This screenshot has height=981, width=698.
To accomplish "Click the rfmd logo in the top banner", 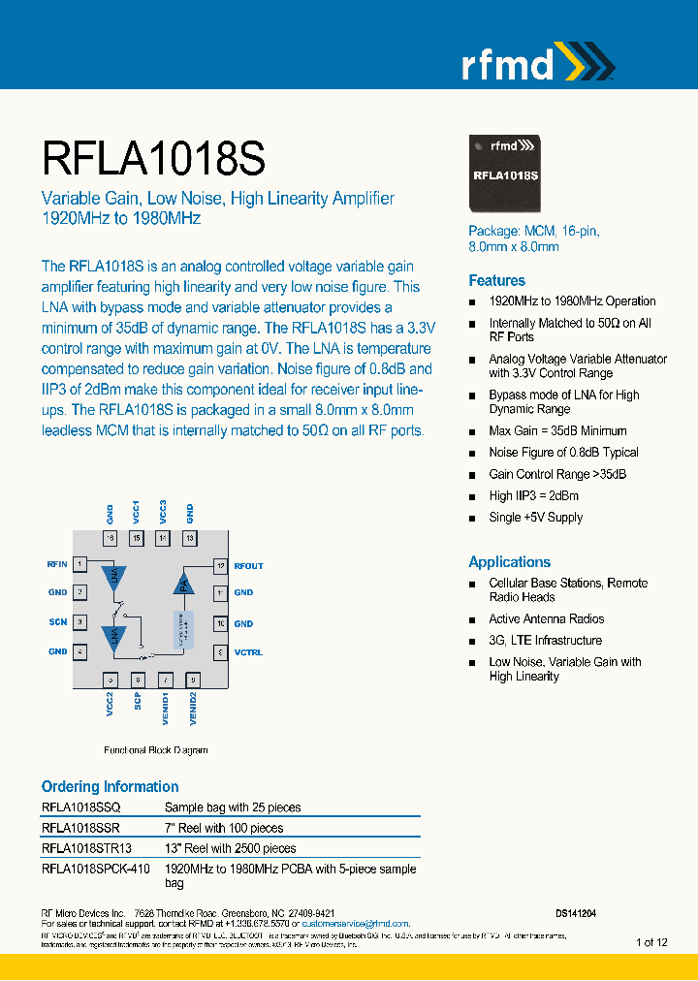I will pos(535,64).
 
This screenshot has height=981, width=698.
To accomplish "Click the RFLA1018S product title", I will pos(153,156).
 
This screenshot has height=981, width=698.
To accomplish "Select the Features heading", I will pos(496,280).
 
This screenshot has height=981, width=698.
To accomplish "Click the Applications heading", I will pos(509,562).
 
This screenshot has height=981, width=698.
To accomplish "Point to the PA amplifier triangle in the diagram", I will pos(181,583).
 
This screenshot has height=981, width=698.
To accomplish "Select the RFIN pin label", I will pos(56,563).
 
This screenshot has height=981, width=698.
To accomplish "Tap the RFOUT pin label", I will pos(248,566).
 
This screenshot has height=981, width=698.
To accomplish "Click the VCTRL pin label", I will pos(248,652).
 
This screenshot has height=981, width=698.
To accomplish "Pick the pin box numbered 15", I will pos(137,538).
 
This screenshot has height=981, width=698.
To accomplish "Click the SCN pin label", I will pos(58,622).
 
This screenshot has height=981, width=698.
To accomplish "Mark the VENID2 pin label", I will pos(193,709).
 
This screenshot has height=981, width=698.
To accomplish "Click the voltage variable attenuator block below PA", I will pos(181,628).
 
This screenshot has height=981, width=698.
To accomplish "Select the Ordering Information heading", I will pos(110,786).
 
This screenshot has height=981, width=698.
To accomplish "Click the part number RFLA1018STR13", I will pos(86,848).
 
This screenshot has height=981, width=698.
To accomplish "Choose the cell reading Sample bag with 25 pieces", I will pos(233,807).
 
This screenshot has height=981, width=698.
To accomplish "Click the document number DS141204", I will pos(576,913).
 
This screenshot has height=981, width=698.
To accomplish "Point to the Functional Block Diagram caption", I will pos(155,750).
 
